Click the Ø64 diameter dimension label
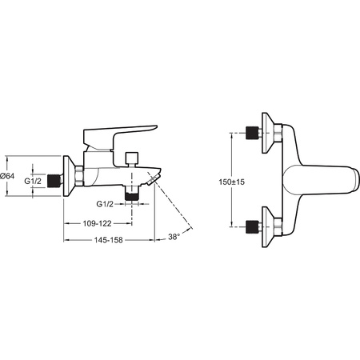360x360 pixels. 7,176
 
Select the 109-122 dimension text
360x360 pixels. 97,223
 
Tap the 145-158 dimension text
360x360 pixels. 108,240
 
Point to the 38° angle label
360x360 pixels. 174,237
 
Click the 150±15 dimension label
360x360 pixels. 231,182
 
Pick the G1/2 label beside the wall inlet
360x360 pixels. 33,181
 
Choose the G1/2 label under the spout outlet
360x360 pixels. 105,204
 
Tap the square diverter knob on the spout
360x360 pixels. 132,159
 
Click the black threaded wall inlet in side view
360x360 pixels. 53,181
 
